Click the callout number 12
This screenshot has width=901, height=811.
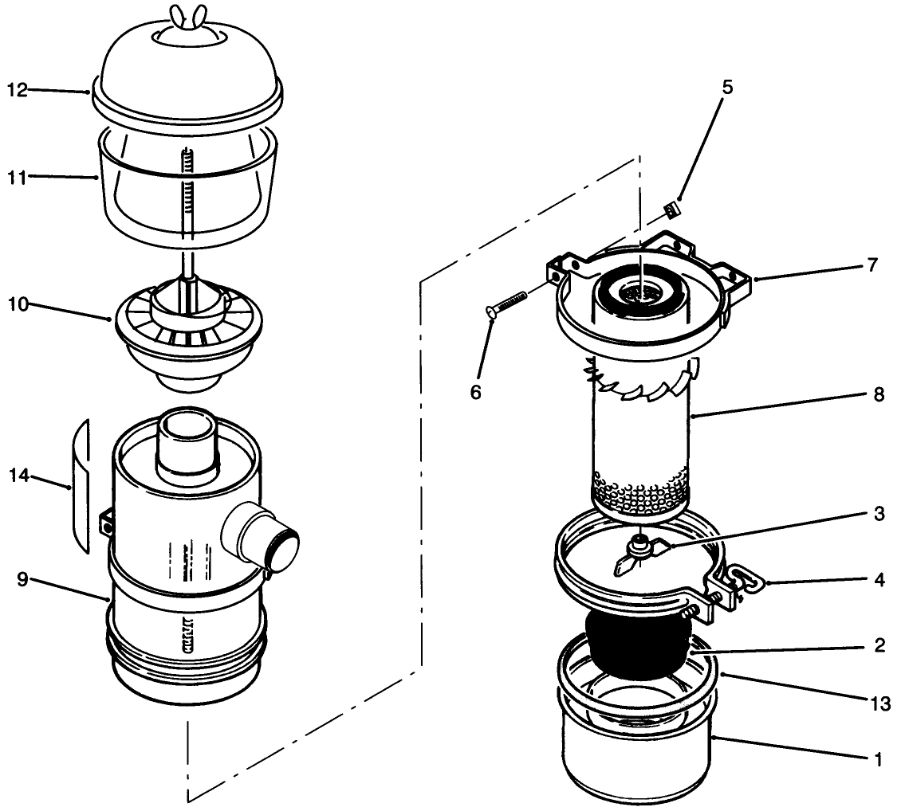click(18, 89)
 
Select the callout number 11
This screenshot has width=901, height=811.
click(18, 178)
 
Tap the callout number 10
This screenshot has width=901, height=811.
click(18, 305)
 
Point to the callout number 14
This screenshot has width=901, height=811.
click(18, 476)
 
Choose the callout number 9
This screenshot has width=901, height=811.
click(22, 579)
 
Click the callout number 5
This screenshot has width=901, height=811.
click(726, 87)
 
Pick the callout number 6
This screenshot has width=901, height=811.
click(476, 393)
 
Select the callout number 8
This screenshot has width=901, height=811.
click(878, 394)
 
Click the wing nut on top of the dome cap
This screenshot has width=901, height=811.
click(187, 14)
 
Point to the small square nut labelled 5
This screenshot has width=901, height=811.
click(671, 210)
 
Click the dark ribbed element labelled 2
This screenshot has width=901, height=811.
click(638, 644)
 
